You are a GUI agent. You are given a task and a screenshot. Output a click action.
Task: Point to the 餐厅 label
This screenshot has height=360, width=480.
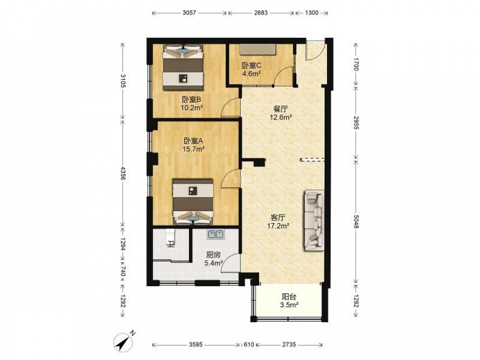(x=280, y=109)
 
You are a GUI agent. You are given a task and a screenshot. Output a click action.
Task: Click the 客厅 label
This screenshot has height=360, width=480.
(x=278, y=218)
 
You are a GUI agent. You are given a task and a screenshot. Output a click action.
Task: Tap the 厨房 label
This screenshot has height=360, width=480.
(x=214, y=255)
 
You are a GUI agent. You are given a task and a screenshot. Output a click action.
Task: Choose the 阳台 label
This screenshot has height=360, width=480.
(x=289, y=297)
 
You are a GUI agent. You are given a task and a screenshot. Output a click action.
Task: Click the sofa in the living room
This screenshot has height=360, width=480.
(x=314, y=220)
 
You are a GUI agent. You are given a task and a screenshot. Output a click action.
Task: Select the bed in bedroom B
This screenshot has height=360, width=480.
(x=183, y=67)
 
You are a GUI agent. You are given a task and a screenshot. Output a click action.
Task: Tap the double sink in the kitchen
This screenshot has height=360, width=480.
(x=216, y=235)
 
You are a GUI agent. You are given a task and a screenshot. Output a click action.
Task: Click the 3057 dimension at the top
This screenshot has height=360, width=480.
(x=189, y=13)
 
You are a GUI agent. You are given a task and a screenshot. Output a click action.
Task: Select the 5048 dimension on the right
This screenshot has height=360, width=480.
(x=356, y=221)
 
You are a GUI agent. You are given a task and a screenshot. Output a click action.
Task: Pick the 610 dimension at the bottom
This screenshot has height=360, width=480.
(x=249, y=345)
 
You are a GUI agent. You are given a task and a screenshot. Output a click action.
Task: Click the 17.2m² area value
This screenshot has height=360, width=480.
(x=278, y=226)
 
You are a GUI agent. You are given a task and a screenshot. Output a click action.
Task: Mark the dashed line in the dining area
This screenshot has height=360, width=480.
(x=312, y=159)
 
